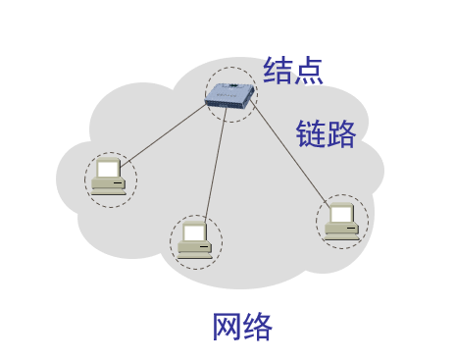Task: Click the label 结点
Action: [293, 70]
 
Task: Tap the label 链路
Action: [326, 133]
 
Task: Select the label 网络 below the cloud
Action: [242, 326]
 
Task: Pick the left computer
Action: [110, 178]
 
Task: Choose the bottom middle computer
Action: [195, 240]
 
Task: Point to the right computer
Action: [342, 221]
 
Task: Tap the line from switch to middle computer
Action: [215, 167]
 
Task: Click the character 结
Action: [278, 70]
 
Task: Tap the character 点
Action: [308, 70]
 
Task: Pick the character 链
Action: [311, 133]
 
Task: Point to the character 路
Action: [340, 133]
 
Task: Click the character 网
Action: [227, 326]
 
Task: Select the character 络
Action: [257, 326]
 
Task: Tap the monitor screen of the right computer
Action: [340, 213]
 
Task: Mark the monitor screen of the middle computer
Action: [194, 232]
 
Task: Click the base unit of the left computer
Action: [109, 186]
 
